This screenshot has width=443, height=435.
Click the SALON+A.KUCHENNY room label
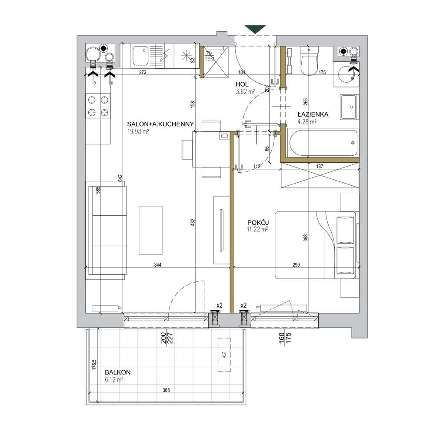[160, 124]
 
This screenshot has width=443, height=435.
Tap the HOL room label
[242, 84]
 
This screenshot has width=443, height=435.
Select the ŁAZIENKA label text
[313, 114]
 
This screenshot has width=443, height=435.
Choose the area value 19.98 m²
[138, 131]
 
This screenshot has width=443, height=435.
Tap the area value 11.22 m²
[257, 229]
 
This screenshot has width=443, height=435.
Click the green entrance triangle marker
[255, 30]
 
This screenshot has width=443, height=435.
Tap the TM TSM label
[210, 56]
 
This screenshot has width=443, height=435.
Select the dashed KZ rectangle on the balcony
[224, 355]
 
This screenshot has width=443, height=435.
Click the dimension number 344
[158, 265]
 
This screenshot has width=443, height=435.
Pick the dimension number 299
[296, 265]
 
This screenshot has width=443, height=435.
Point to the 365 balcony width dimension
[166, 390]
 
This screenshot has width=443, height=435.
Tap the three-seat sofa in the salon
[107, 230]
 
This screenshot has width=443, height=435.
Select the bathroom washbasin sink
[350, 107]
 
